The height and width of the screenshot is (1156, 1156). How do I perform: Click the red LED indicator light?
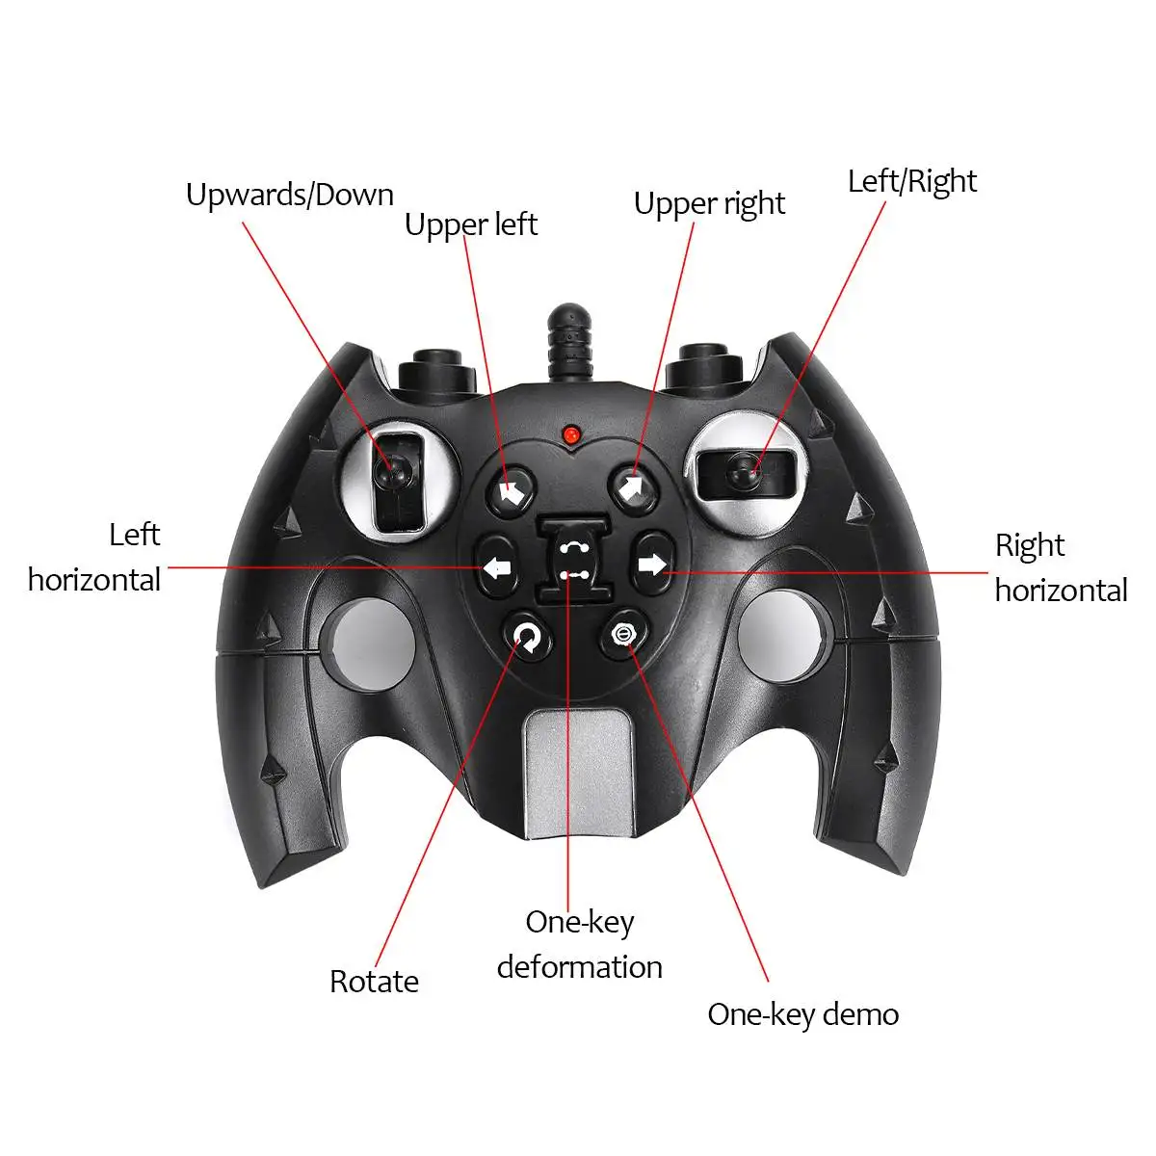coord(570,433)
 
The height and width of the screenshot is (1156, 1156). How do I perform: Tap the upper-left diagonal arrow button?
coord(510,491)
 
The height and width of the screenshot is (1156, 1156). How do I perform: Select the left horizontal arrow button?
coord(497,566)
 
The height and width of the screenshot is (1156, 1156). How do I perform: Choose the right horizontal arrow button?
coord(653,564)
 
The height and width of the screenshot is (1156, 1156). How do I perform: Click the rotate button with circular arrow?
coord(528,637)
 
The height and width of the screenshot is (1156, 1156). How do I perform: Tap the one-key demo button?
coord(624,634)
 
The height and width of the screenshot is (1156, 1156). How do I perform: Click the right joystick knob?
coord(744,472)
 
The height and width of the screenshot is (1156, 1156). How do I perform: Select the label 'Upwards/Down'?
coord(290,196)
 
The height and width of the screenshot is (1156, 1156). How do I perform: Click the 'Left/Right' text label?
coord(912,182)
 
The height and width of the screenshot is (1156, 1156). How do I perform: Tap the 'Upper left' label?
coord(471,225)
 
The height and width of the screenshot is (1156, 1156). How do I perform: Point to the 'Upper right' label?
coord(710,204)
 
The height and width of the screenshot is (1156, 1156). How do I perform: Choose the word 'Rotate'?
coord(375,982)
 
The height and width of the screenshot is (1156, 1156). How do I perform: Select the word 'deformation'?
coord(580,967)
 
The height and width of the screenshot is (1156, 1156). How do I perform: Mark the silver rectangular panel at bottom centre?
coord(578,775)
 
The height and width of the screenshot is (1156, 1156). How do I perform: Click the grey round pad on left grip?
coord(373,642)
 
